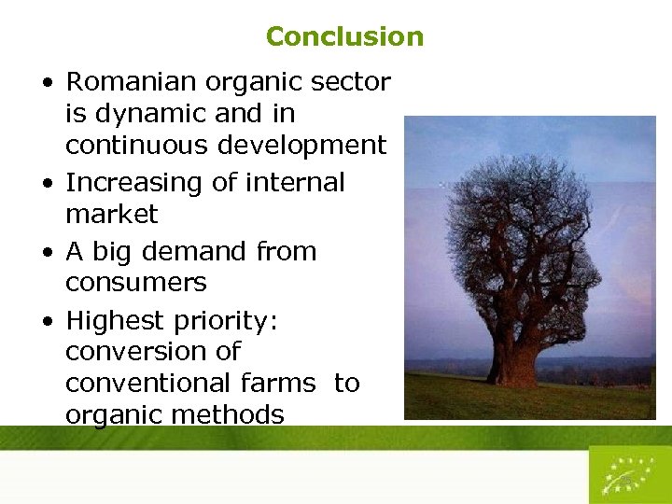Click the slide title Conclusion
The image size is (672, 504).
[x=344, y=36]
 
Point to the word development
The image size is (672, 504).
[x=302, y=146]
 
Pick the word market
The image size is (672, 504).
[x=112, y=215]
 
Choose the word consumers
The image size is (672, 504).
[x=135, y=283]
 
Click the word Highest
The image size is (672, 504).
[x=115, y=321]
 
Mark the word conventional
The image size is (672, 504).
[x=149, y=384]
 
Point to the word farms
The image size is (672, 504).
[x=281, y=384]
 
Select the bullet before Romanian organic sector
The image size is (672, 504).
[x=47, y=83]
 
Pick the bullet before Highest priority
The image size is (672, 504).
[x=47, y=322]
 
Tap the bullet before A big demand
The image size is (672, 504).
[x=47, y=253]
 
